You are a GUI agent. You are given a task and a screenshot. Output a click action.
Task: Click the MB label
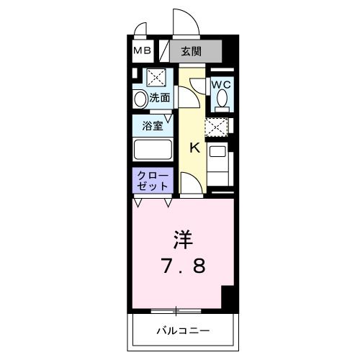click(x=141, y=51)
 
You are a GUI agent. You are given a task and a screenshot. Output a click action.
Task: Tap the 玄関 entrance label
click(x=191, y=51)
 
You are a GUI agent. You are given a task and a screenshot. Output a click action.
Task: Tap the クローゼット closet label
click(x=152, y=180)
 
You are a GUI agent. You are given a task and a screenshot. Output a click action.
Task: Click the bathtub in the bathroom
click(x=152, y=151)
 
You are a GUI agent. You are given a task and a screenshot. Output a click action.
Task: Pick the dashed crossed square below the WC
click(x=217, y=127)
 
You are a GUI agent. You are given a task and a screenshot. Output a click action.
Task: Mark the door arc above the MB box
click(x=138, y=33)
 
